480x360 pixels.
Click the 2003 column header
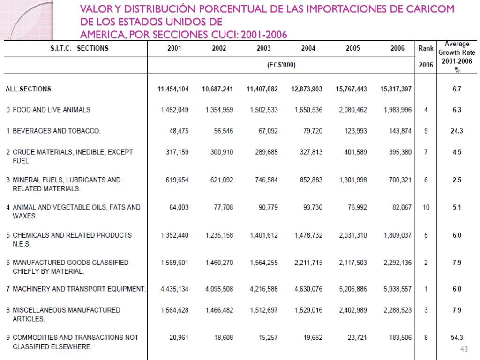click(263, 48)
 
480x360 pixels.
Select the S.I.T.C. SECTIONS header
click(79, 48)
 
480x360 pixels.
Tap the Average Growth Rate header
click(457, 48)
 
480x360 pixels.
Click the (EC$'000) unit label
click(281, 65)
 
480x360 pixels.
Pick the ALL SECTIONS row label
click(28, 89)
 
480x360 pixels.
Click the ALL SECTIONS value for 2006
click(397, 89)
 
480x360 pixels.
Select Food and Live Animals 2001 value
click(174, 110)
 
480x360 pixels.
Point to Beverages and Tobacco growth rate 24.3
click(457, 131)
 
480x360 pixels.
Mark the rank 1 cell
click(426, 289)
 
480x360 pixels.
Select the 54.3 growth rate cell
click(457, 337)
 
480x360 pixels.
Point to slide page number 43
click(465, 349)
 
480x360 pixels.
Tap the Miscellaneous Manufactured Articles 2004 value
click(308, 310)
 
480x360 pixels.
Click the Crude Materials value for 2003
click(265, 152)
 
